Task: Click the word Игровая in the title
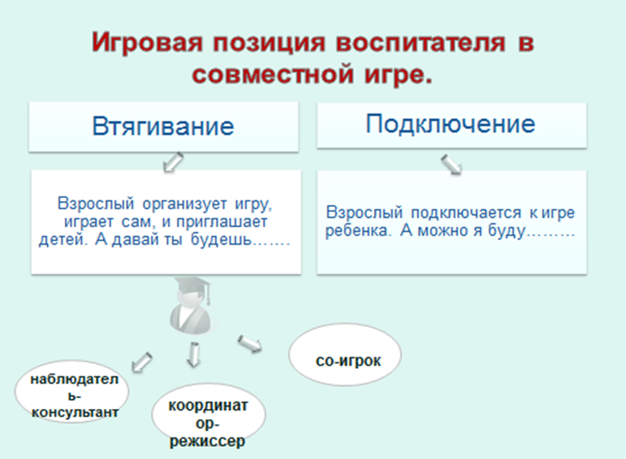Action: [x=147, y=43]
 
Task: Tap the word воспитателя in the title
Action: [x=421, y=43]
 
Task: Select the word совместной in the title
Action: [x=273, y=74]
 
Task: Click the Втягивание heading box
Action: [x=164, y=127]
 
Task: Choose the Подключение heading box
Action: [x=452, y=125]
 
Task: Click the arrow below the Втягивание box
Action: [x=174, y=162]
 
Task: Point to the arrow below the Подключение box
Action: [x=452, y=164]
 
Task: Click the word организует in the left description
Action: [x=184, y=204]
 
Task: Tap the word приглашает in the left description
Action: [x=221, y=222]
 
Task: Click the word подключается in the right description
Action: [x=466, y=213]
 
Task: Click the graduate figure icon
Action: [x=190, y=305]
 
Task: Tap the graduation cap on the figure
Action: [x=193, y=285]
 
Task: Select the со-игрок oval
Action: [x=345, y=355]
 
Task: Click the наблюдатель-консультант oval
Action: [x=73, y=391]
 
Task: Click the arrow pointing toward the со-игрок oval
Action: [x=250, y=344]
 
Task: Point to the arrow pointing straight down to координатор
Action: [x=194, y=354]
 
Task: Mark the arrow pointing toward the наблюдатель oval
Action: [x=142, y=362]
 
